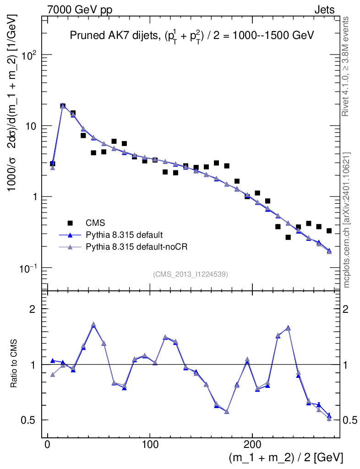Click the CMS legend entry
[x=96, y=224]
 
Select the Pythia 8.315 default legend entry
[x=124, y=235]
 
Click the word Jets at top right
[x=324, y=10]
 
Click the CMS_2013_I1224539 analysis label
[x=191, y=274]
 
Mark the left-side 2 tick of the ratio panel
[x=33, y=309]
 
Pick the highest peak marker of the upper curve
[x=63, y=106]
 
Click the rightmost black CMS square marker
[x=329, y=230]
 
